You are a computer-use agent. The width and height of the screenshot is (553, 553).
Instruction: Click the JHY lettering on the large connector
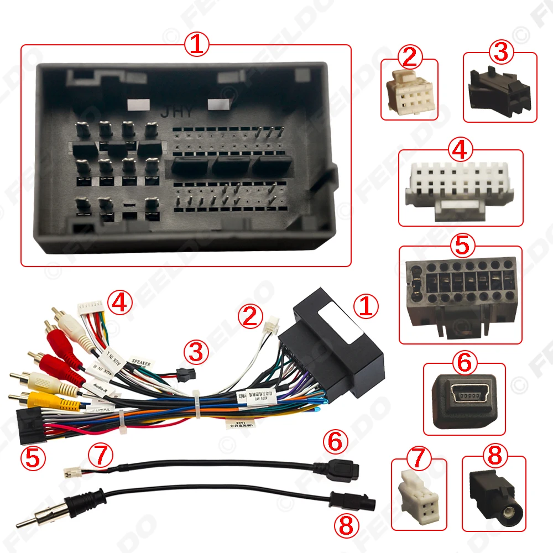point(178,111)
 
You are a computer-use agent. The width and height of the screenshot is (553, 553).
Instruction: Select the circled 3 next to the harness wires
point(197,351)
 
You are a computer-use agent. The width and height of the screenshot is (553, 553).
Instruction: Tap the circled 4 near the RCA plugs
point(120,302)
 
